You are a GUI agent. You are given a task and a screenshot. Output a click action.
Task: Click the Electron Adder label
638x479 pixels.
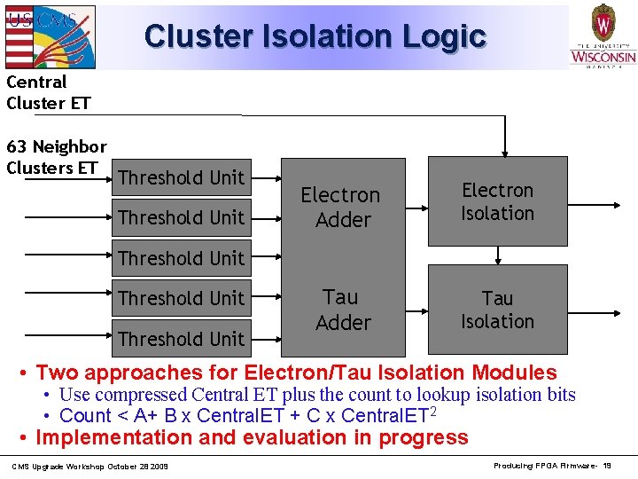(340, 207)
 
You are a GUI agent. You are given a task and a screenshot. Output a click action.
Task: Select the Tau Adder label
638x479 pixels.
(342, 310)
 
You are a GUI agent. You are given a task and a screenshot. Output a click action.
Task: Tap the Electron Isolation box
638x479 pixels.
(497, 201)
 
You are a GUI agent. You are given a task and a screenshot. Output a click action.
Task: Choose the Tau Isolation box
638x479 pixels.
(497, 310)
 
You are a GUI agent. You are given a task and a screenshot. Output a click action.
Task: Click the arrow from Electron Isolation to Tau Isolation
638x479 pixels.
(498, 255)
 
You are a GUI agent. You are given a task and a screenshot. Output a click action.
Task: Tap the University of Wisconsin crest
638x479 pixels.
(603, 20)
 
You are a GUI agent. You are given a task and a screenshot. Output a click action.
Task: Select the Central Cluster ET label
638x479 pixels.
(48, 92)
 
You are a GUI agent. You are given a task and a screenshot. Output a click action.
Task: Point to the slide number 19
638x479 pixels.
(607, 466)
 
